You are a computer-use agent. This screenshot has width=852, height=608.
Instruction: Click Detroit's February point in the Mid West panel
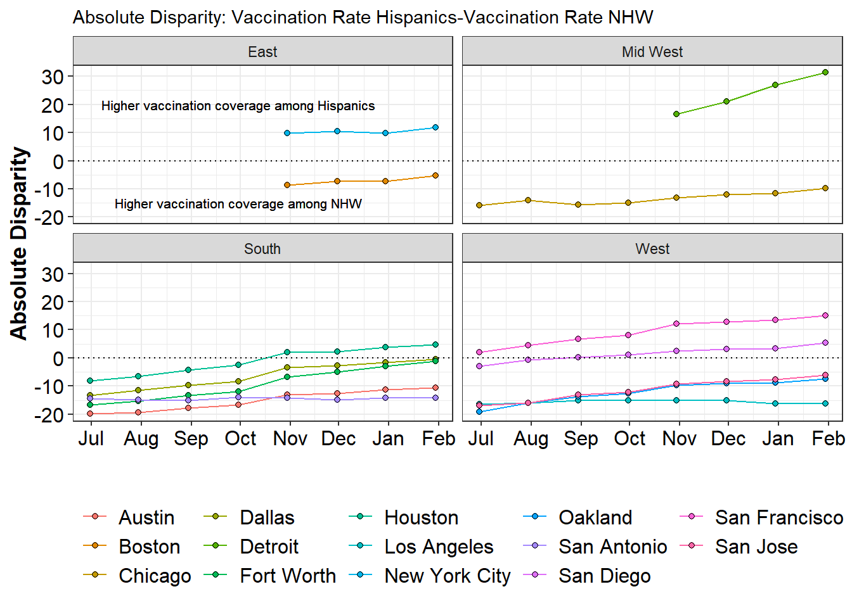[x=825, y=72]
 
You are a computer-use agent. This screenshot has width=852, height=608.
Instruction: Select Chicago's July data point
[x=479, y=205]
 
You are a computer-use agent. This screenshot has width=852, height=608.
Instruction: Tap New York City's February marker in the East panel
[x=436, y=127]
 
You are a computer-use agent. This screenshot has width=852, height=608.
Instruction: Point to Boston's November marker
[x=287, y=185]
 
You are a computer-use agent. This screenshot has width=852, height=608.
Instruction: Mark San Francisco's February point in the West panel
[x=825, y=315]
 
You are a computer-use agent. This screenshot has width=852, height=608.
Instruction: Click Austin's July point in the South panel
[x=90, y=414]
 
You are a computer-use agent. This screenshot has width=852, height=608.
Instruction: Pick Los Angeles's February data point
[x=825, y=403]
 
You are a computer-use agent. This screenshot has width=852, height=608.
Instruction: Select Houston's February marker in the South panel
[x=436, y=345]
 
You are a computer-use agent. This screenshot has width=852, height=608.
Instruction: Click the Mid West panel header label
[x=652, y=52]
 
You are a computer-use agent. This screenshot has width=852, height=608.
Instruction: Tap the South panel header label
[x=262, y=249]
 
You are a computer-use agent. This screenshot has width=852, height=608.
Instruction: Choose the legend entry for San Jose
[x=739, y=547]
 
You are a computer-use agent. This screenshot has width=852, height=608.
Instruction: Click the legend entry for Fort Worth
[x=270, y=575]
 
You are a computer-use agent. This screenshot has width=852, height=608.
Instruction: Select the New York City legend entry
[x=430, y=575]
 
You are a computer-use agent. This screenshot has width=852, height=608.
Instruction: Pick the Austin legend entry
[x=129, y=517]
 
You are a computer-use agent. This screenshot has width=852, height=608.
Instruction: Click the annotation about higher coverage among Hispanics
[x=238, y=106]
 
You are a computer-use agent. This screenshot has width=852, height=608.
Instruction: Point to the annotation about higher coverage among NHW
[x=238, y=204]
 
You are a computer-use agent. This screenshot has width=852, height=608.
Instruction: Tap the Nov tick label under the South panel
[x=290, y=438]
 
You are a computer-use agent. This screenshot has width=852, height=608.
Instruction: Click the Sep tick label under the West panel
[x=581, y=438]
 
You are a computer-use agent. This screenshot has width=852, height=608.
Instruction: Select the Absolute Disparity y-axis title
[x=19, y=243]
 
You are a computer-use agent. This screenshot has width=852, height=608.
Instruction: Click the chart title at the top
[x=363, y=18]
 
